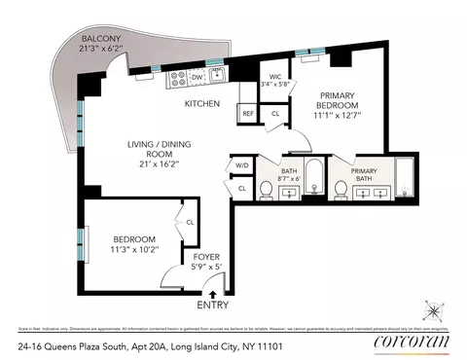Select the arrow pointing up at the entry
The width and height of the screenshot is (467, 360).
(215, 290)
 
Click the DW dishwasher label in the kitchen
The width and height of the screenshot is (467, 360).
(196, 76)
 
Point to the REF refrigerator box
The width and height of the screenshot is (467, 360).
(247, 114)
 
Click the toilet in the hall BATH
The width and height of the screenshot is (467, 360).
(266, 189)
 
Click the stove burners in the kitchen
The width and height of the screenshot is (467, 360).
(177, 77)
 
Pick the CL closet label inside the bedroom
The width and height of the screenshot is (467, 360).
(191, 223)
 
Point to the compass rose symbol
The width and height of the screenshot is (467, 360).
(433, 310)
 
